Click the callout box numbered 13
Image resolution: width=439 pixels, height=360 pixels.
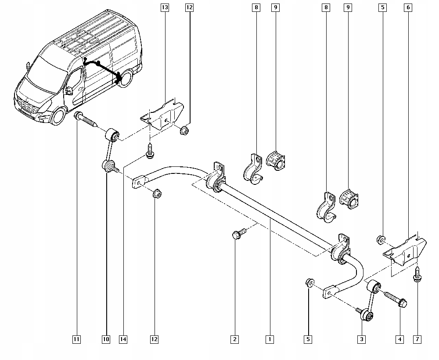pyautogui.click(x=165, y=7)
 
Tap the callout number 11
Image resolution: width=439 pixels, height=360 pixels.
pyautogui.click(x=77, y=339)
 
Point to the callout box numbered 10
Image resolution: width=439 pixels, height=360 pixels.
pyautogui.click(x=106, y=339)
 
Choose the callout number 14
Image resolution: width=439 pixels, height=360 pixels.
pyautogui.click(x=123, y=339)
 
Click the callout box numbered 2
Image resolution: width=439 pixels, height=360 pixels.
pyautogui.click(x=235, y=339)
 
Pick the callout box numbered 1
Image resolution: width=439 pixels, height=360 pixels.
pyautogui.click(x=270, y=339)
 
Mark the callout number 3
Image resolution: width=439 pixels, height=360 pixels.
pyautogui.click(x=362, y=339)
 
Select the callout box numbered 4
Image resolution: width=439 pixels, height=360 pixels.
pyautogui.click(x=399, y=339)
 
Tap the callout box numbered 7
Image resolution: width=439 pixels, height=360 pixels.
pyautogui.click(x=417, y=339)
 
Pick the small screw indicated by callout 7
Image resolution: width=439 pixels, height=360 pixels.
pyautogui.click(x=417, y=275)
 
